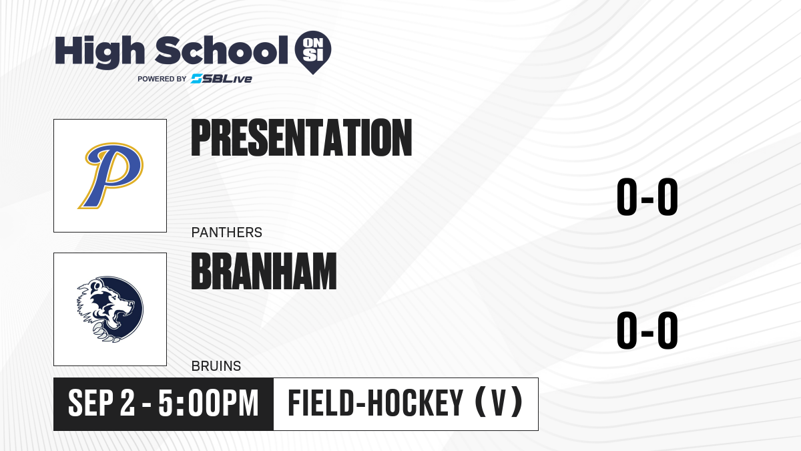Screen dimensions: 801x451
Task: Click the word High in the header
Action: (99, 51)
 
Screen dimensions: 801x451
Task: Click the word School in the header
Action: (222, 50)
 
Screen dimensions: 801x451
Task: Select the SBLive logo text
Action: (222, 78)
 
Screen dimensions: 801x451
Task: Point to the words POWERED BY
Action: (162, 79)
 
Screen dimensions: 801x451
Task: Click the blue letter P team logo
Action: (111, 175)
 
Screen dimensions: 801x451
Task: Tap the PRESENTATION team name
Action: (302, 138)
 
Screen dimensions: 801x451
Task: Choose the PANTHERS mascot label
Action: (227, 233)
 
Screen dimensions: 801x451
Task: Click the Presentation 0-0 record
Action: (647, 196)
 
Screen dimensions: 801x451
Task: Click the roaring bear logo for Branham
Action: (110, 309)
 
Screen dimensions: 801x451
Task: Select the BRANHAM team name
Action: (264, 271)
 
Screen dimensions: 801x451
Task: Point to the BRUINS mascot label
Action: (216, 366)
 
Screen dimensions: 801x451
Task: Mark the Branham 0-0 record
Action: (647, 330)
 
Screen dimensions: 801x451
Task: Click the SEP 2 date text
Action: (101, 404)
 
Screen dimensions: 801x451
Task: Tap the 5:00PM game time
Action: (208, 404)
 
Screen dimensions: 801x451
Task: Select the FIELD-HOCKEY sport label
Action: (375, 404)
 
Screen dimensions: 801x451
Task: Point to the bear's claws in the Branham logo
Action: (105, 333)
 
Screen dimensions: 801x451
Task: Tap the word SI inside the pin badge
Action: (313, 55)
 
